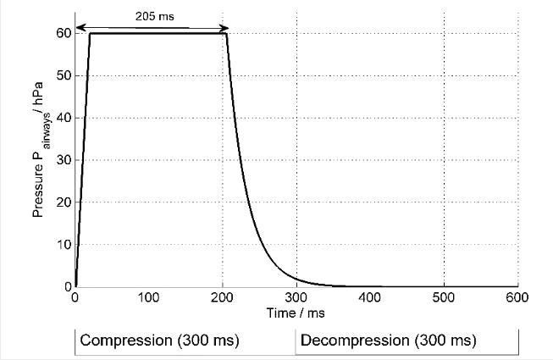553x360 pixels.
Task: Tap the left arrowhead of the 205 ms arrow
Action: (x=79, y=28)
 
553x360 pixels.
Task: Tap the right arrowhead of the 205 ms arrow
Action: (x=224, y=28)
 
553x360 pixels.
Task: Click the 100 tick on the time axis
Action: (x=149, y=297)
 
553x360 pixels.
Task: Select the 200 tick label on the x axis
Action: (x=223, y=297)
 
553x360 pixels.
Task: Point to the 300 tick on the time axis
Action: (x=296, y=297)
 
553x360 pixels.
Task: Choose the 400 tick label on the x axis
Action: (x=370, y=297)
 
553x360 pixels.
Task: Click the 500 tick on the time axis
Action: (x=444, y=297)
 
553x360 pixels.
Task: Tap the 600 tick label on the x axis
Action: (x=517, y=297)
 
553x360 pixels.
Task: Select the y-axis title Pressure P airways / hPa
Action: (x=40, y=161)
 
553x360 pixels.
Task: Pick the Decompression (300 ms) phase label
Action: (x=388, y=341)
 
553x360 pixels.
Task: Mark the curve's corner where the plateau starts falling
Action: (x=226, y=34)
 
